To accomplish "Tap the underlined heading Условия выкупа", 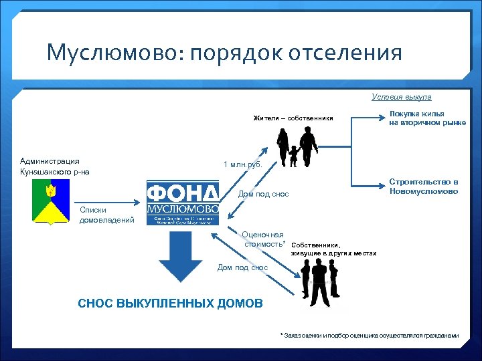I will (401, 97).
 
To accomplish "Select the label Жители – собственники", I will (293, 118).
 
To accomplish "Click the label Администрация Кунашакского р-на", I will (55, 166).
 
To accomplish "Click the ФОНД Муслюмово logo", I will (183, 201).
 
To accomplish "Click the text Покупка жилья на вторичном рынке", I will (427, 118).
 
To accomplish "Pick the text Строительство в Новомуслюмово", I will (424, 187).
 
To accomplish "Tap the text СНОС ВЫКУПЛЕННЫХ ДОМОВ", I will (171, 303).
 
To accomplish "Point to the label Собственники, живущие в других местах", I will (333, 249).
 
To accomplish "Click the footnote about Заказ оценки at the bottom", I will (369, 335).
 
